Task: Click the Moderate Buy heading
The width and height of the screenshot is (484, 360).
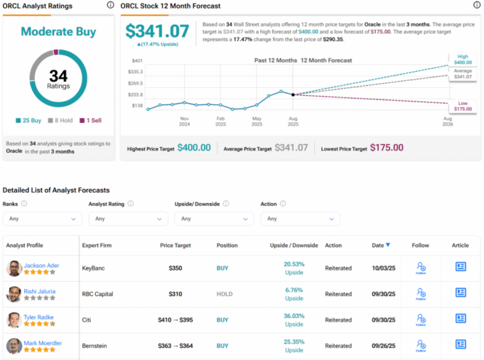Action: click(58, 32)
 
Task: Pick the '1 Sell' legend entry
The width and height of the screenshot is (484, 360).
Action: click(90, 120)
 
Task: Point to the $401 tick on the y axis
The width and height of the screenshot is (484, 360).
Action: click(137, 61)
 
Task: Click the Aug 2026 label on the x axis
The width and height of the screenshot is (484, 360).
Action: click(448, 121)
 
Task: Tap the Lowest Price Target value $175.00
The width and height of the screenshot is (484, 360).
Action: click(387, 148)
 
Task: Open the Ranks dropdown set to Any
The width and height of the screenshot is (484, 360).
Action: click(42, 219)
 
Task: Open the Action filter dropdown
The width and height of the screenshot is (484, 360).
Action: click(299, 219)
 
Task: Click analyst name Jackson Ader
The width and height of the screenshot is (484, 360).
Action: click(41, 266)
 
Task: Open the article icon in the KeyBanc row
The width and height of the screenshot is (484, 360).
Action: click(460, 267)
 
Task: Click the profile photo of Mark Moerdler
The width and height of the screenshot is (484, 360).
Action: click(14, 347)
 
